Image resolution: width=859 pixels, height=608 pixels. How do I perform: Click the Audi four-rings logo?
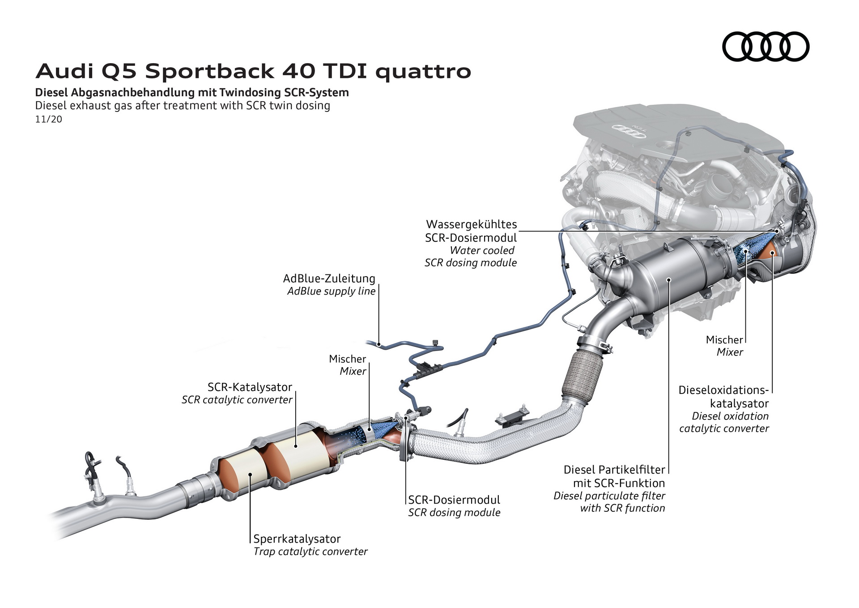(765, 47)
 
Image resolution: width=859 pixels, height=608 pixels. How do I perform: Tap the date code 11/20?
(48, 120)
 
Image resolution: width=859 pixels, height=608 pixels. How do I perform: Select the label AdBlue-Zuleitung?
(329, 278)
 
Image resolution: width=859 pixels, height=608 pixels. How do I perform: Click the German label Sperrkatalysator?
(297, 539)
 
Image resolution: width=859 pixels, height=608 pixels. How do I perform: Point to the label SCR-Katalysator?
(250, 387)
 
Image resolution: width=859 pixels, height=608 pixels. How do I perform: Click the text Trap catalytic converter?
(310, 552)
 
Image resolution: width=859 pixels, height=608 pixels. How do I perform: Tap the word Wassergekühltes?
(471, 224)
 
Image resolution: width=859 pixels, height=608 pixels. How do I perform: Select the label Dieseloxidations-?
(723, 390)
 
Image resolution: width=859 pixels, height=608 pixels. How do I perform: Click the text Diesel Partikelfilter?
(614, 470)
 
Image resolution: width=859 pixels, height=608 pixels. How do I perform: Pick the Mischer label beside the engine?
(724, 340)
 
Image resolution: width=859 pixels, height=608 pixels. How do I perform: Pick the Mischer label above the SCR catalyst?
(347, 359)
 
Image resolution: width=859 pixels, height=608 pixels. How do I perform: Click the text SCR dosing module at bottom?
(454, 513)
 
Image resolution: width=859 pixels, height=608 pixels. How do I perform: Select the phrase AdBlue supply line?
(331, 291)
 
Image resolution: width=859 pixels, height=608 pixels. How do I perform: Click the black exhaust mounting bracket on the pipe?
(512, 416)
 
